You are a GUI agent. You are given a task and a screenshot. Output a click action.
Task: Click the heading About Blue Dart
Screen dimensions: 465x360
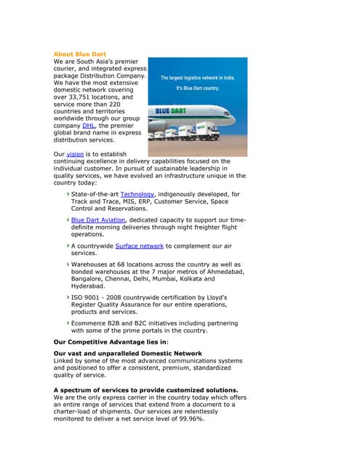tap(80, 54)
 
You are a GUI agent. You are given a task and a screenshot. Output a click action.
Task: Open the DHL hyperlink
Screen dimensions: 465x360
tap(89, 125)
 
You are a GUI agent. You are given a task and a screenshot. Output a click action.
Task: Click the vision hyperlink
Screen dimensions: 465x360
tap(75, 154)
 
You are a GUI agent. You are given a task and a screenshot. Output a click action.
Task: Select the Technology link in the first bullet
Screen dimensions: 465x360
tap(137, 194)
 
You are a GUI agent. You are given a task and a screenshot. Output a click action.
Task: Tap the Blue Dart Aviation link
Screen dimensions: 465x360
tap(99, 219)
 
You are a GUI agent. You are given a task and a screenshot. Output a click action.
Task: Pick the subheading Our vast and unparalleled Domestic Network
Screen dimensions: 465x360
tap(128, 353)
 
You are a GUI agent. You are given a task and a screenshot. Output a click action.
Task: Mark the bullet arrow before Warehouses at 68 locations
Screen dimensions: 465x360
tap(68, 264)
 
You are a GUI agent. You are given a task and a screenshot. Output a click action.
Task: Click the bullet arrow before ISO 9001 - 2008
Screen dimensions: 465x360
tap(68, 297)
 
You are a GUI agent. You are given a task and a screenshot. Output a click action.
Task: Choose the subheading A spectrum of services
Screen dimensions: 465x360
tap(145, 390)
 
